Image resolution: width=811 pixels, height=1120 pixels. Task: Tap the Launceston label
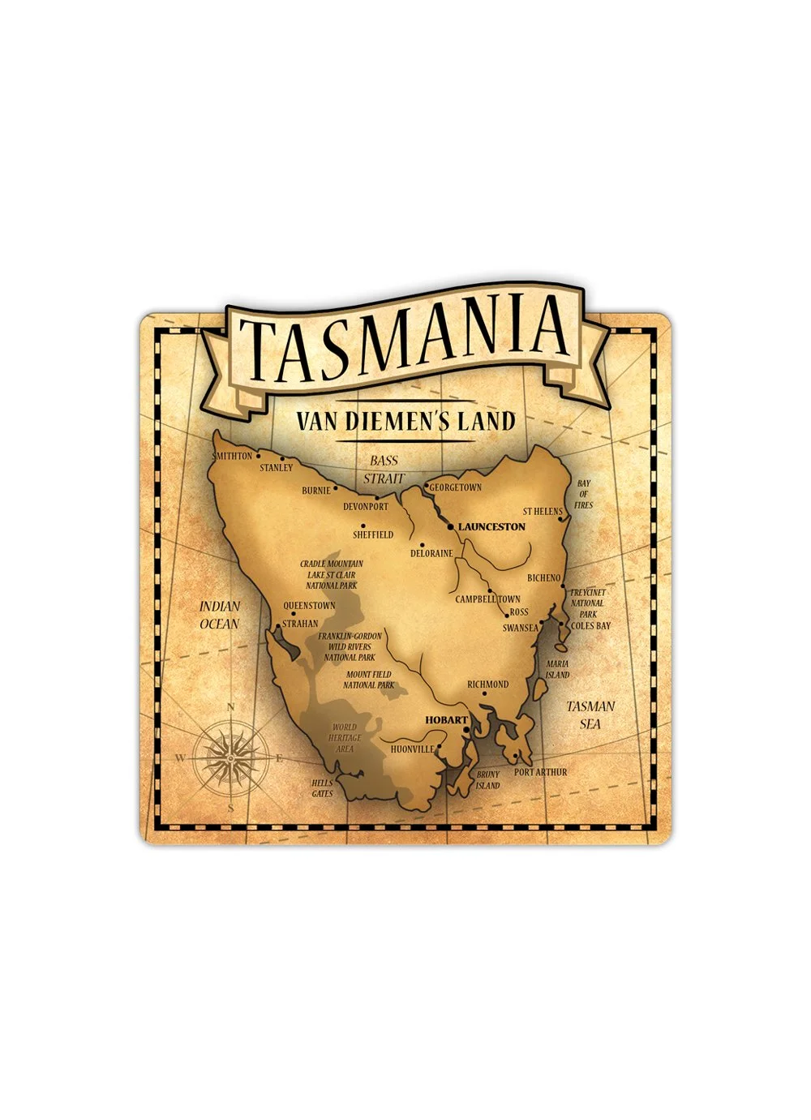491,527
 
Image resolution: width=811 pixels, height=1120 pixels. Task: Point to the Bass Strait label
384,470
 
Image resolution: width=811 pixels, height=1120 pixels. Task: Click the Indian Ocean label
220,615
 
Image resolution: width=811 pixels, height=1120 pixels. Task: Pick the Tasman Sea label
590,714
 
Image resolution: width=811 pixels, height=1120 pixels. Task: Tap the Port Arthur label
541,772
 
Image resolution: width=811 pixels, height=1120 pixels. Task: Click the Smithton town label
233,456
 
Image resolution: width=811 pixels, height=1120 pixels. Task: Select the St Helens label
543,512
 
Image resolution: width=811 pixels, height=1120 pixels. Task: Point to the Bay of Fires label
583,494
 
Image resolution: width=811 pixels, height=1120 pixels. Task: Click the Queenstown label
309,606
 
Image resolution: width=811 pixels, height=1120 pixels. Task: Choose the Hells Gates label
323,788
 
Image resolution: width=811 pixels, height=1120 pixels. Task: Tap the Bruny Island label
488,780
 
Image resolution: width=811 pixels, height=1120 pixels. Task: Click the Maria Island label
557,669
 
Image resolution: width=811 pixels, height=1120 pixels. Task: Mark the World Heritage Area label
345,738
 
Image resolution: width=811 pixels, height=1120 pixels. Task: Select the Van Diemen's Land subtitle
405,421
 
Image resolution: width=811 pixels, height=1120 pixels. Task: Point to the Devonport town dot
378,496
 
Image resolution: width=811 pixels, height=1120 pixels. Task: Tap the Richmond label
488,684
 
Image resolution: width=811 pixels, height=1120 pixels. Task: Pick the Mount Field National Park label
369,680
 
